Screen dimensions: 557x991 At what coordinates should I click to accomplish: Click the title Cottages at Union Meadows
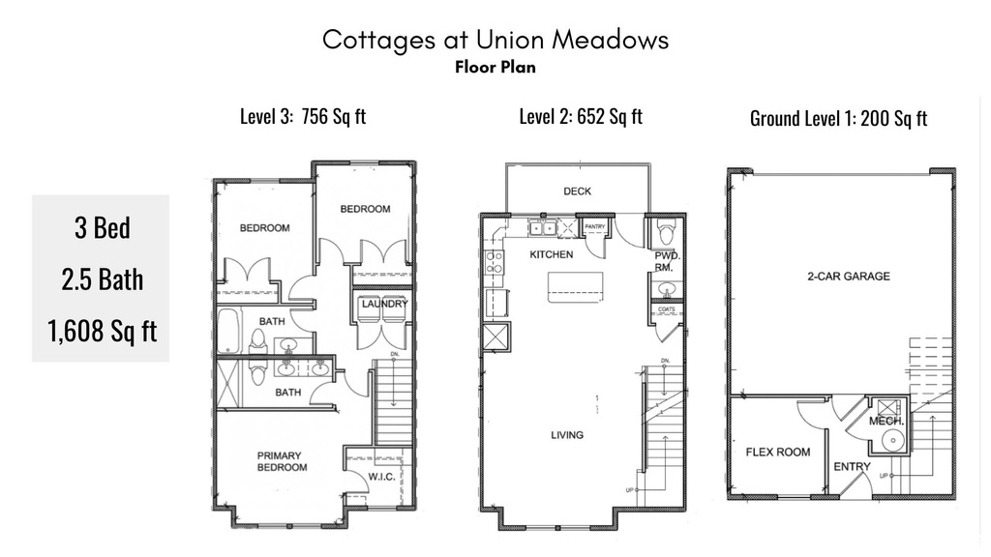(495, 40)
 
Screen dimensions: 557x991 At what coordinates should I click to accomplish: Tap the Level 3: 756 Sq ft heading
(303, 117)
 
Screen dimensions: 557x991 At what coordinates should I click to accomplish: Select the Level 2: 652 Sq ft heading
(581, 117)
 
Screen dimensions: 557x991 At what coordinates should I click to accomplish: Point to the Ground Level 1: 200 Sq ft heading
(838, 119)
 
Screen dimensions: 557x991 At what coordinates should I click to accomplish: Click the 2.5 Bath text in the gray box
(101, 279)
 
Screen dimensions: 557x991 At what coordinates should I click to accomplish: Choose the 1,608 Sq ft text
(101, 331)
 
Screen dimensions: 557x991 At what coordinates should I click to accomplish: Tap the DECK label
(577, 191)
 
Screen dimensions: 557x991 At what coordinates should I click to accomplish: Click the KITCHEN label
(551, 254)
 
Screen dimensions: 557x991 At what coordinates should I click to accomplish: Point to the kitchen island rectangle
(575, 286)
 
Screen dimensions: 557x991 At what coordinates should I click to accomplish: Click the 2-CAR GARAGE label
(848, 277)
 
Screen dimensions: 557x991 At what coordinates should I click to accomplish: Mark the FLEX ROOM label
(778, 452)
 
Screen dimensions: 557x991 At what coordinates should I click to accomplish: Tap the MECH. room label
(886, 422)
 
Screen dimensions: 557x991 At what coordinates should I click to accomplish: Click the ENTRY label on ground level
(852, 467)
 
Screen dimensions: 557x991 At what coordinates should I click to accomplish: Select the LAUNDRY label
(383, 304)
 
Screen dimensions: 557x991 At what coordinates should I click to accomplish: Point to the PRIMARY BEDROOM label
(282, 461)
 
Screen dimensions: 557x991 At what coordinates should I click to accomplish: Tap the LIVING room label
(567, 435)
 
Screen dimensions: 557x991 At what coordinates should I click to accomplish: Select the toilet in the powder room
(666, 233)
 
